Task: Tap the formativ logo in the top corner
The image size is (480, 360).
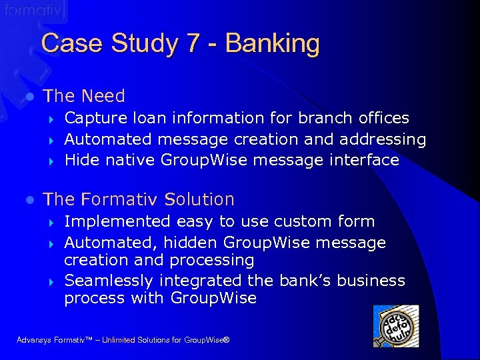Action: click(33, 11)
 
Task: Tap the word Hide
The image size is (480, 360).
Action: click(80, 160)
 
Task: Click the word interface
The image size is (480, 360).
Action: click(367, 160)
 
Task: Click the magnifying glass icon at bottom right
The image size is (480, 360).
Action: click(395, 326)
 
